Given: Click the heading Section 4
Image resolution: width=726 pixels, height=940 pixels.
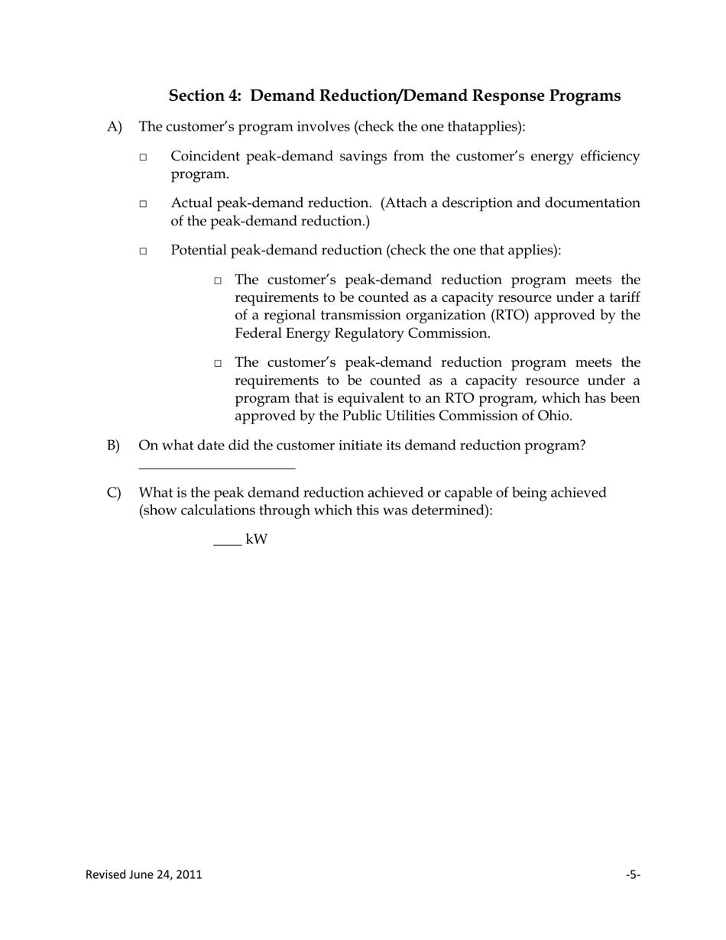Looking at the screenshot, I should click(x=394, y=96).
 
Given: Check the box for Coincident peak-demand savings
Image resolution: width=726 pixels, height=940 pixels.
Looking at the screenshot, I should click(x=143, y=157).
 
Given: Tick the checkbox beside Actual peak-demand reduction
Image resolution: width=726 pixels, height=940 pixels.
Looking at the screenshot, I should click(x=143, y=204).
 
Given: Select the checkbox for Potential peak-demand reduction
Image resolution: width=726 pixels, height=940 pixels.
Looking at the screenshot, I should click(x=143, y=251).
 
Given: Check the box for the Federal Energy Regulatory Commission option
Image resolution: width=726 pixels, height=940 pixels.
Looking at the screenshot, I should click(x=218, y=281).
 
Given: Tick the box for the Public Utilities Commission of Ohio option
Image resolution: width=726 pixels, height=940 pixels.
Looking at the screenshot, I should click(x=218, y=364).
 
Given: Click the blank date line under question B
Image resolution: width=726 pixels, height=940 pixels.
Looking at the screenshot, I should click(x=217, y=465).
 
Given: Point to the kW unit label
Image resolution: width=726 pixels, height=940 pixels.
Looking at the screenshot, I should click(x=257, y=540).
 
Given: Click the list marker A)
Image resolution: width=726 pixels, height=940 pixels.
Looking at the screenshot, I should click(x=115, y=127).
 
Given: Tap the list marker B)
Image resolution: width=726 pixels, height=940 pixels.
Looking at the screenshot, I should click(x=114, y=446).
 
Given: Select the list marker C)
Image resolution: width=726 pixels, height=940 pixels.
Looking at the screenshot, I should click(x=114, y=493).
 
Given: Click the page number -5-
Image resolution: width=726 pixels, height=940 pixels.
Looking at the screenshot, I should click(x=633, y=874).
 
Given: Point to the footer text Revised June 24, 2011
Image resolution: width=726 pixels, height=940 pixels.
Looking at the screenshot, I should click(x=144, y=874).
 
